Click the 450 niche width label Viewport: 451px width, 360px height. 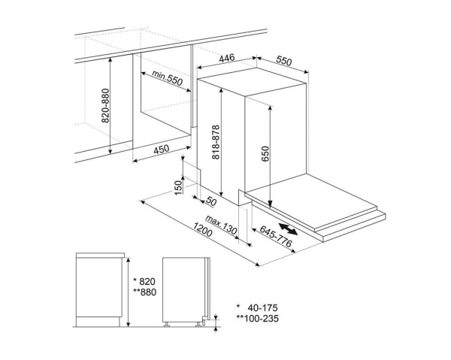[161, 150]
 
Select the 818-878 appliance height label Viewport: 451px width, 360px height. [215, 140]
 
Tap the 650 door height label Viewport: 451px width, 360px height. [265, 155]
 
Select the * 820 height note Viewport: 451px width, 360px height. [145, 279]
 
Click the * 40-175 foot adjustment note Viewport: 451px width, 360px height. [256, 307]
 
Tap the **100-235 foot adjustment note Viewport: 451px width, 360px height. [255, 319]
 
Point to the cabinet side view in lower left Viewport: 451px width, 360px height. [99, 289]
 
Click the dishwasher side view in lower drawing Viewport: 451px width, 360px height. [184, 289]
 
